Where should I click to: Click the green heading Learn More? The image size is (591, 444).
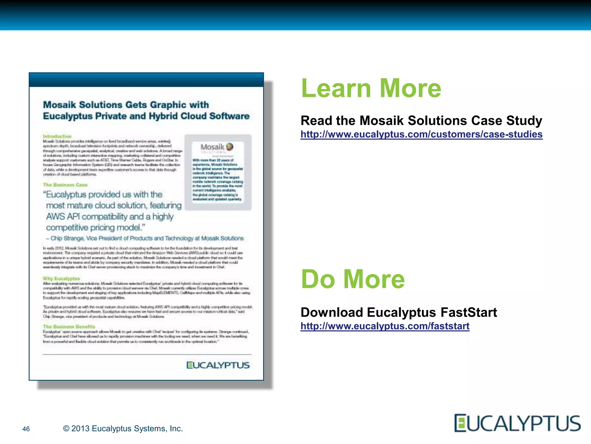point(371,88)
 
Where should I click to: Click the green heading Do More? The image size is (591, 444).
point(353,279)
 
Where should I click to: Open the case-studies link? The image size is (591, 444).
point(421,134)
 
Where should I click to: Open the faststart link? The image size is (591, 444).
point(385,326)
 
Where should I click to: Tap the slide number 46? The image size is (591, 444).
point(26,429)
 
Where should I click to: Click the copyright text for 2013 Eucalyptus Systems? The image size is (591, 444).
point(123,428)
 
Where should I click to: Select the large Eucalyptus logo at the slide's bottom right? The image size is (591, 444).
point(517,423)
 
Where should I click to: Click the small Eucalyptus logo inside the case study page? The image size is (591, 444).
point(218,365)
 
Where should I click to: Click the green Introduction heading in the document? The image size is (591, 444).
point(57,136)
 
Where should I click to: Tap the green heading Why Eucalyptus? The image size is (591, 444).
point(61,278)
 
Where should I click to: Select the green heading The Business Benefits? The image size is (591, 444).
point(69,327)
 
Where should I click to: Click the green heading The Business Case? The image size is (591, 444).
point(65,185)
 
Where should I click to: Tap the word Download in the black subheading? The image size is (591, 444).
point(332,312)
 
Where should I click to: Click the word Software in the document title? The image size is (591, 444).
point(229,116)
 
